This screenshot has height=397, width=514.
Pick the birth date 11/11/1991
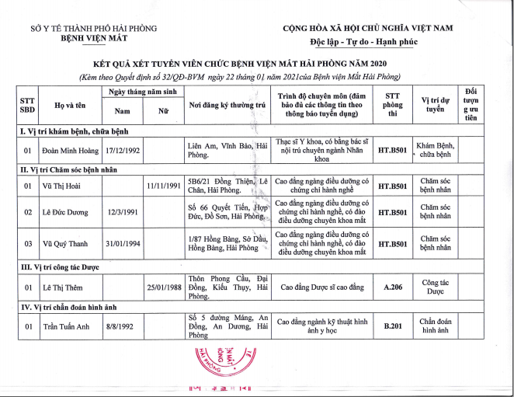pos(163,186)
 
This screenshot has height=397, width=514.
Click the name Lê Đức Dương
pos(64,212)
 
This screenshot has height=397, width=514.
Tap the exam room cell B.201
pos(393,327)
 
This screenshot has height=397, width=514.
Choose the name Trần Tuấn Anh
pos(67,327)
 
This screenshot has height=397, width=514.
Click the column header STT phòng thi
pos(393,104)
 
